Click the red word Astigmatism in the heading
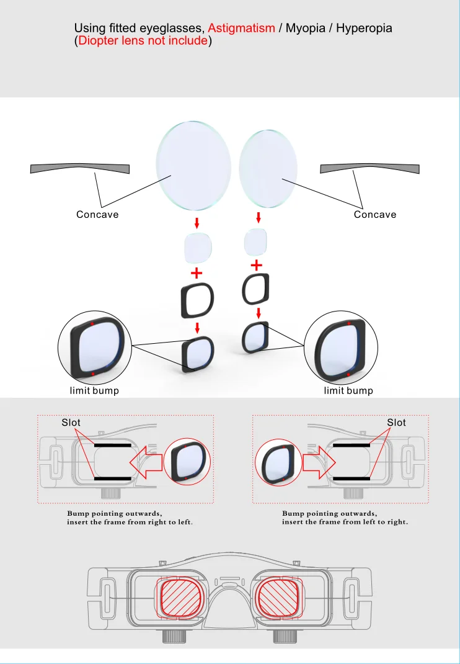(x=241, y=29)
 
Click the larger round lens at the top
(x=193, y=166)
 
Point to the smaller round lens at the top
(x=268, y=169)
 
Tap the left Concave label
(x=97, y=214)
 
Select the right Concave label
(x=375, y=214)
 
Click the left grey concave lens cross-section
(x=79, y=169)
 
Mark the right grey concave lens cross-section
(x=369, y=169)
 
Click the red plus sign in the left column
(x=197, y=273)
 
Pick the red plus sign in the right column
(x=257, y=266)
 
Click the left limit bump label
(x=94, y=390)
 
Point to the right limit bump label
(x=348, y=390)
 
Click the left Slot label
(x=71, y=423)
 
